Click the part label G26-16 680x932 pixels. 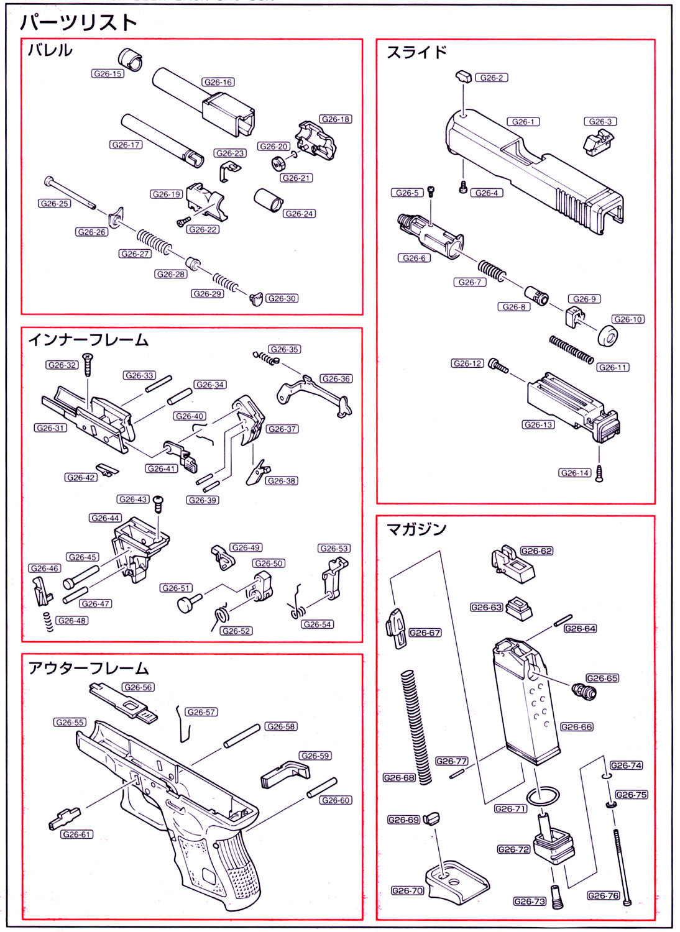[218, 82]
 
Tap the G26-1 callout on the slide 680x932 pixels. [523, 122]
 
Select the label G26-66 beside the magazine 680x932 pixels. [576, 727]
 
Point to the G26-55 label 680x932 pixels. [70, 723]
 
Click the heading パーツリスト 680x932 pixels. [78, 23]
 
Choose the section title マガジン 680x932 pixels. [416, 529]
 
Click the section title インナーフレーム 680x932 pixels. [88, 340]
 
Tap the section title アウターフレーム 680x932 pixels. [88, 669]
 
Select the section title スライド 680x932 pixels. [416, 52]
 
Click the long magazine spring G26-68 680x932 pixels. [416, 727]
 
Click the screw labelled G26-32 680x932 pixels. [88, 363]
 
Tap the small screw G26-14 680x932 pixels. [600, 473]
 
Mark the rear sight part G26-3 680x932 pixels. [599, 142]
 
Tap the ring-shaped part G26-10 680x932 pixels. [607, 336]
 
